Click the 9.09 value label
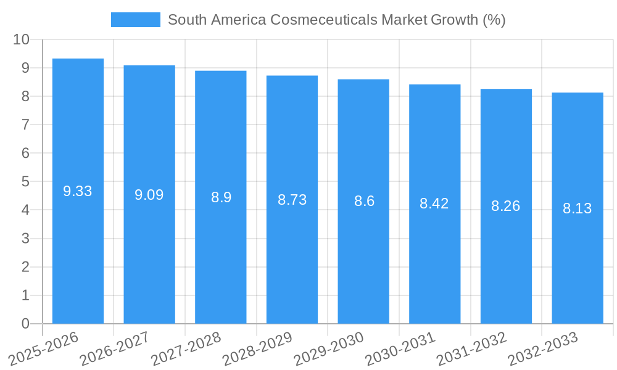click(149, 195)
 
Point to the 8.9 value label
click(221, 197)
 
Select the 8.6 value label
click(364, 201)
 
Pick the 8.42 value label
click(434, 203)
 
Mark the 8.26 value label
click(506, 206)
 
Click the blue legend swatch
click(135, 20)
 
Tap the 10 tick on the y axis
click(21, 39)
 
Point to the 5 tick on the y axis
click(25, 182)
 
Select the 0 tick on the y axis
click(25, 324)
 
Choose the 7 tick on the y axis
click(25, 125)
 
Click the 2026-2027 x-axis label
click(116, 348)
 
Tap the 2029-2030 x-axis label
click(329, 348)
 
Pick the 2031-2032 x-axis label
click(472, 348)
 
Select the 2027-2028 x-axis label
click(187, 348)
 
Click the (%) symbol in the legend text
click(494, 20)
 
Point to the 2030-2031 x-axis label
click(401, 348)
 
